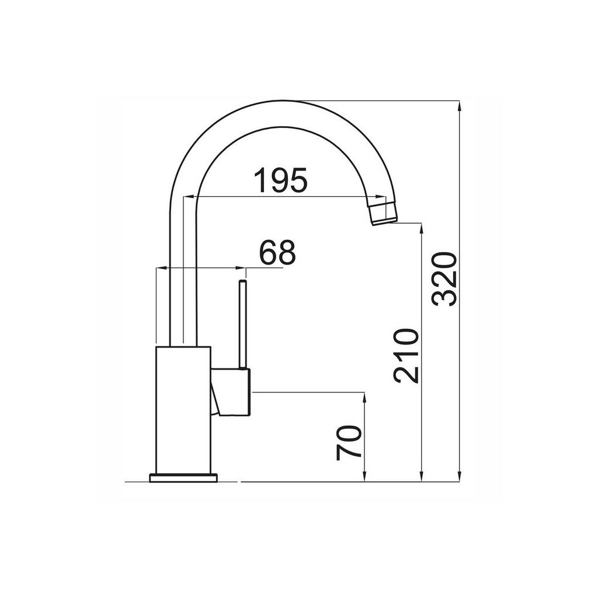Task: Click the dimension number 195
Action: [280, 180]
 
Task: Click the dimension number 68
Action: [277, 252]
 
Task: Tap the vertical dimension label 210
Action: [406, 356]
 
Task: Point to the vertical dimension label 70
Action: [349, 443]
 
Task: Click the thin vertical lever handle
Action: [242, 325]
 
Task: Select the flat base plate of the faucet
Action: [184, 478]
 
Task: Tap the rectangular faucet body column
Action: [183, 411]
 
